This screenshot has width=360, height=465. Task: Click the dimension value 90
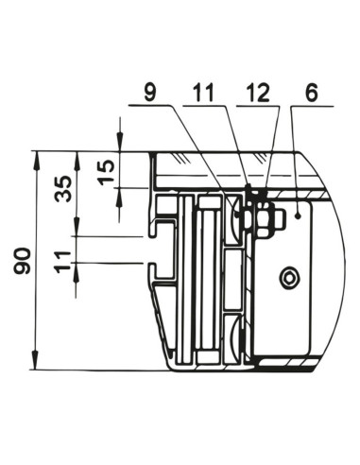pyautogui.click(x=23, y=260)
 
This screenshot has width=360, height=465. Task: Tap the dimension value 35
pyautogui.click(x=62, y=188)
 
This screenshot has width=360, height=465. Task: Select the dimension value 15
pyautogui.click(x=106, y=172)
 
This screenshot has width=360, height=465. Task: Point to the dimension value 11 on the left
pyautogui.click(x=62, y=262)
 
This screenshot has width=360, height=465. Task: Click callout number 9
pyautogui.click(x=150, y=93)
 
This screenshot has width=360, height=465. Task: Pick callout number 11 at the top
pyautogui.click(x=203, y=93)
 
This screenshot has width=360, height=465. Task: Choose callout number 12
pyautogui.click(x=258, y=93)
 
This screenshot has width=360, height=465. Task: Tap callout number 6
pyautogui.click(x=311, y=93)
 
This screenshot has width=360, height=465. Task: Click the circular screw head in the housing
pyautogui.click(x=289, y=278)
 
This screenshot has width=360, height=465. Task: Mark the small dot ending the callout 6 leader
pyautogui.click(x=298, y=215)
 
